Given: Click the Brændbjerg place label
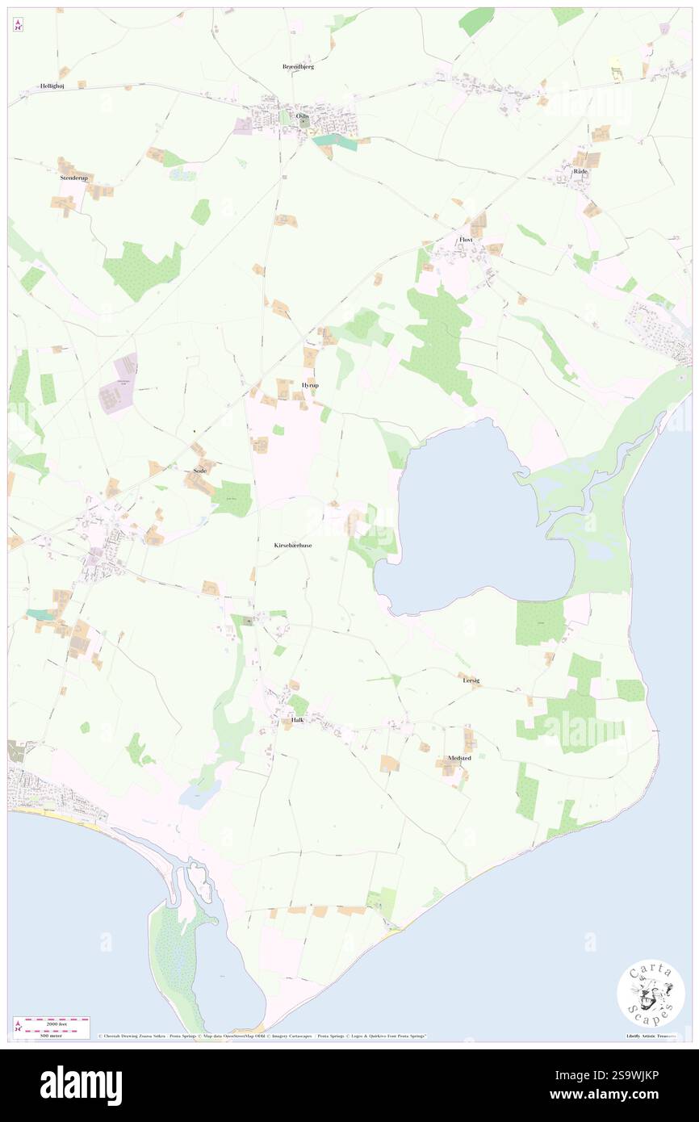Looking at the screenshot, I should tap(298, 66).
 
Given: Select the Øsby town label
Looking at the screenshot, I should tap(303, 115).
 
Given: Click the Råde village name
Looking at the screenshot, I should tap(580, 171).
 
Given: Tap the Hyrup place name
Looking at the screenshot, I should tap(309, 385).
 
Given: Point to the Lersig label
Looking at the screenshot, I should tap(471, 680).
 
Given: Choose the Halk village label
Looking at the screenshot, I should tap(298, 719).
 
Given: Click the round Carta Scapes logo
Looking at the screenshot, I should tap(651, 993).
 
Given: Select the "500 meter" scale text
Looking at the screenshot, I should tap(52, 1036).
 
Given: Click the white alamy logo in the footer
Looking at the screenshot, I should tap(81, 1086).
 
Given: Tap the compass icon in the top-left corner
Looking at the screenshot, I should tap(18, 26).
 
